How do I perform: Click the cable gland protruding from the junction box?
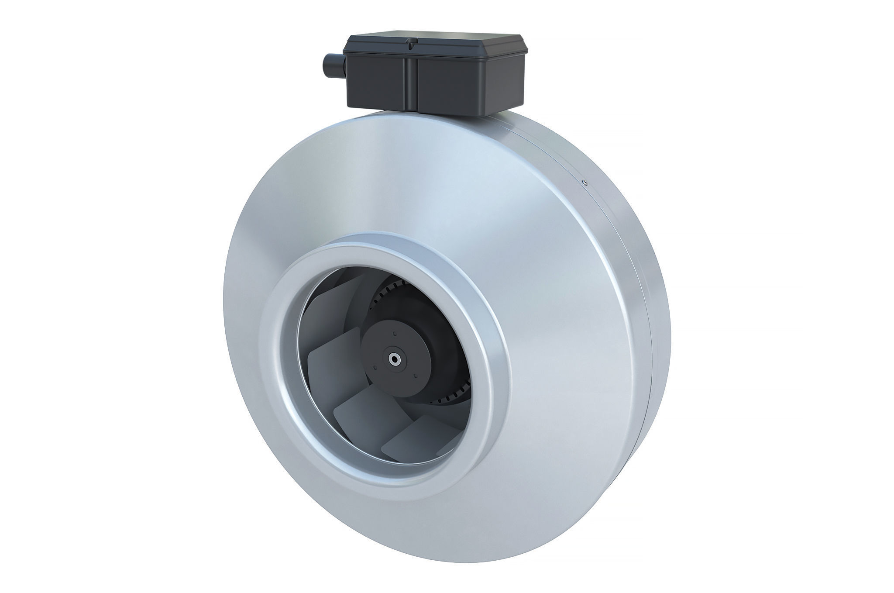click(x=332, y=63)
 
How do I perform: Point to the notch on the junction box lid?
click(x=409, y=43)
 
